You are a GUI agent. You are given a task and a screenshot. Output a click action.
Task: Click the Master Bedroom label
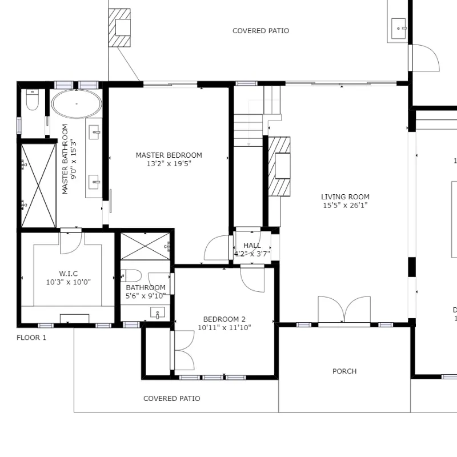tap(169, 155)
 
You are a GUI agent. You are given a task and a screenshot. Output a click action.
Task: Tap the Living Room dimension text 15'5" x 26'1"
tap(344, 205)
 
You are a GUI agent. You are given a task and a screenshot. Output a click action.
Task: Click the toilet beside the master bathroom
tap(32, 101)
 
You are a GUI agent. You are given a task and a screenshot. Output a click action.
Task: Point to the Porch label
tap(344, 371)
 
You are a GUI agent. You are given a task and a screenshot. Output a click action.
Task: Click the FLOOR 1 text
tap(31, 338)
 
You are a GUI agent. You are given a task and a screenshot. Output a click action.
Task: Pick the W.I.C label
tap(69, 273)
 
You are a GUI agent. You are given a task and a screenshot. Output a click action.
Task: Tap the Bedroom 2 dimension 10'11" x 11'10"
tap(225, 328)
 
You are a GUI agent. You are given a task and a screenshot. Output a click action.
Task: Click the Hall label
tap(252, 246)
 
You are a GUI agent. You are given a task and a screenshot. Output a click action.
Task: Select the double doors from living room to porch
tap(344, 311)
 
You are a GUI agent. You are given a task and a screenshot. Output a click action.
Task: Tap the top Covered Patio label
tap(260, 31)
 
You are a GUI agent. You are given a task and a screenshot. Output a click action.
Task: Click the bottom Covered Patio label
tap(171, 398)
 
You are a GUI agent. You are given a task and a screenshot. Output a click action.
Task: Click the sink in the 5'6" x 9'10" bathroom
tap(158, 312)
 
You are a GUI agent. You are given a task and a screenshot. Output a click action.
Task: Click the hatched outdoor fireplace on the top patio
tap(120, 27)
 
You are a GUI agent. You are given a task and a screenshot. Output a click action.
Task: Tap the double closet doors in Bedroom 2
tap(182, 351)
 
